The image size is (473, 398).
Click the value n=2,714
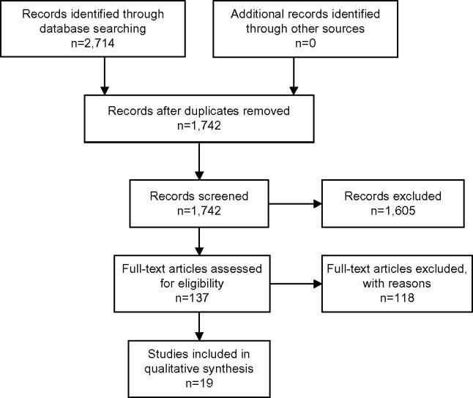(x=105, y=43)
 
